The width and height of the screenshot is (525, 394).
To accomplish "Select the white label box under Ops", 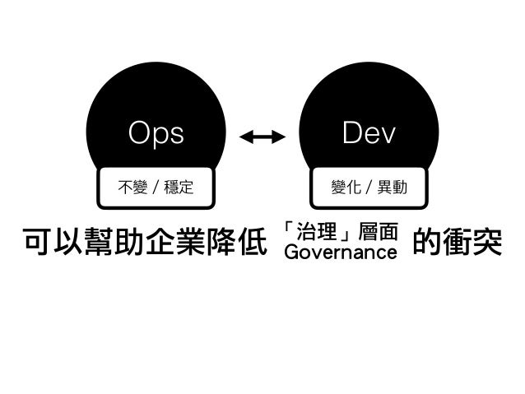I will click(x=156, y=188).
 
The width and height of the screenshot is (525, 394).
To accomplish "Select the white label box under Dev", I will click(x=369, y=188).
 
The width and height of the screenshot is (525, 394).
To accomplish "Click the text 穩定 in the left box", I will click(x=179, y=188).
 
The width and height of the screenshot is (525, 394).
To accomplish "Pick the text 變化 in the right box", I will click(x=346, y=188).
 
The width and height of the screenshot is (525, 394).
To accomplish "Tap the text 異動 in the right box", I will click(x=393, y=188).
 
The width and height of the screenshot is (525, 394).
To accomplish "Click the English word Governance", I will click(x=340, y=252).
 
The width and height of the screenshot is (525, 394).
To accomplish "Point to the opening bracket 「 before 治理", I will click(x=290, y=227).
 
